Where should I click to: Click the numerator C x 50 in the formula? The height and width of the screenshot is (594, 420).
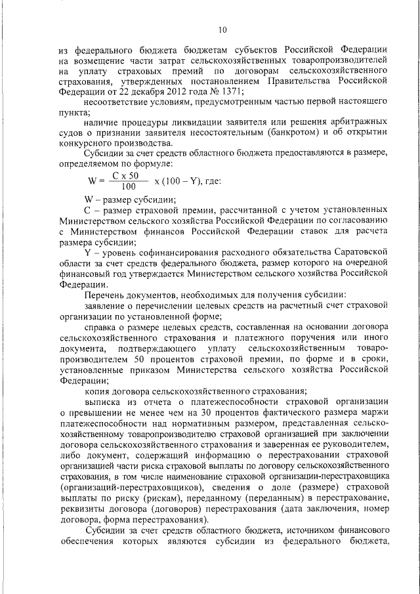[x=125, y=175]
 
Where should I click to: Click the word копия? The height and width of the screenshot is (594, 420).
[x=98, y=390]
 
